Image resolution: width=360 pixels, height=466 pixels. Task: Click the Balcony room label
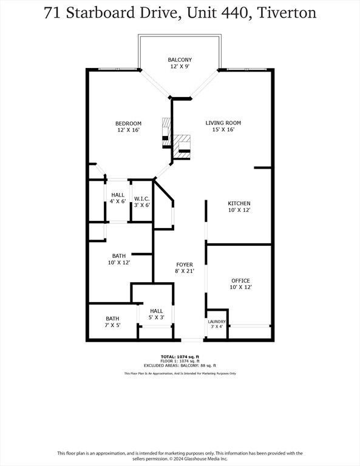180,59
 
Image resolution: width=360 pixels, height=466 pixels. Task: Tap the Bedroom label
129,124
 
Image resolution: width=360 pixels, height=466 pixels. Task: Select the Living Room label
223,123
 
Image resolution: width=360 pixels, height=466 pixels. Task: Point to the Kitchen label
239,203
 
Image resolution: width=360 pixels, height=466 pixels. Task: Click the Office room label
240,280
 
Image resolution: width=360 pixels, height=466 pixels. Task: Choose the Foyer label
185,265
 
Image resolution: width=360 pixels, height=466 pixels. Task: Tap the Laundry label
217,322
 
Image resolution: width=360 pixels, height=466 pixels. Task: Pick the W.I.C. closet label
142,198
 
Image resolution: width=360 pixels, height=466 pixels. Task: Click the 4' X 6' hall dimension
118,201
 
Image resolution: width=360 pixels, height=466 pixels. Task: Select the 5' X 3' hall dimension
157,317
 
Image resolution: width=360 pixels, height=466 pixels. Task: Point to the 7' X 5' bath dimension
113,326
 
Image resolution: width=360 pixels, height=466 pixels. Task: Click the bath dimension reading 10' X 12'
119,263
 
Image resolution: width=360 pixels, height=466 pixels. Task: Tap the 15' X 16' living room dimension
223,130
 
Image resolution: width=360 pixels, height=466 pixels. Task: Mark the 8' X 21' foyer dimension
185,272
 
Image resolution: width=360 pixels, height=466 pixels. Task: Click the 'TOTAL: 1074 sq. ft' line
180,356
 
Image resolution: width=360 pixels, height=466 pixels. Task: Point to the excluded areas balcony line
180,365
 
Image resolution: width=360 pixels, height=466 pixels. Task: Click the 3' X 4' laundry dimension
217,327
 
